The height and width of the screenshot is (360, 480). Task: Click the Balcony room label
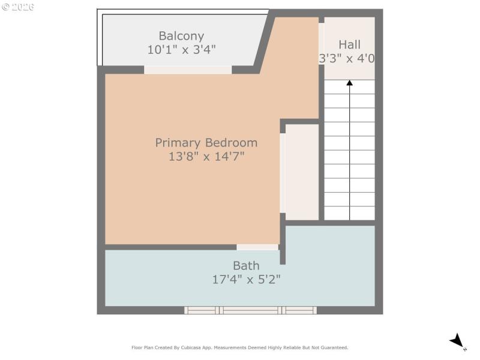point(181,36)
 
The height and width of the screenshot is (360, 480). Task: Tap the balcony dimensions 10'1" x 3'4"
point(181,50)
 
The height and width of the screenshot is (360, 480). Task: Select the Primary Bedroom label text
point(206,143)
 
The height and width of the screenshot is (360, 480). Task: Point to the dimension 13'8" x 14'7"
point(206,157)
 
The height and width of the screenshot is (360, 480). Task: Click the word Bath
point(246,266)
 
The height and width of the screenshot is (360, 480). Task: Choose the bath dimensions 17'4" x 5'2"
point(246,280)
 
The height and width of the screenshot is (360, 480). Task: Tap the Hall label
point(349,44)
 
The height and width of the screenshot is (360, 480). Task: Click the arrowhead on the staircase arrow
point(349,83)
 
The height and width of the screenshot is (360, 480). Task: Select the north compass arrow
point(458,341)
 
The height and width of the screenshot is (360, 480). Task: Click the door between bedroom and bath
point(257,247)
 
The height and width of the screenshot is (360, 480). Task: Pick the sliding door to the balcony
point(187,70)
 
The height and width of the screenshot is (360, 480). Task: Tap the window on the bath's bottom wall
point(250,310)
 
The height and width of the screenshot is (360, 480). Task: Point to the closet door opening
point(282,173)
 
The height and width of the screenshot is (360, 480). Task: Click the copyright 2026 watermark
point(18,7)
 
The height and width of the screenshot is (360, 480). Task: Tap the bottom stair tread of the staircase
point(349,214)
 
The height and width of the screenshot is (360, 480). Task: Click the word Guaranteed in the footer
point(334,347)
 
